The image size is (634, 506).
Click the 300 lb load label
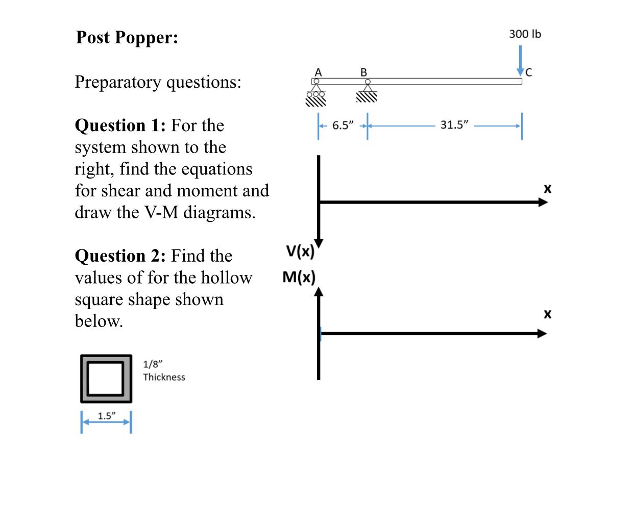click(x=525, y=34)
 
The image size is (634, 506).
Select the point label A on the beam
click(x=318, y=72)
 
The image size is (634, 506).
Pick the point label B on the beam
click(x=364, y=72)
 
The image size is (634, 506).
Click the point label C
click(x=529, y=73)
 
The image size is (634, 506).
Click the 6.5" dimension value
click(x=343, y=125)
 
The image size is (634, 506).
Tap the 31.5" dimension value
click(x=454, y=125)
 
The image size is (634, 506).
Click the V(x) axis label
click(x=300, y=251)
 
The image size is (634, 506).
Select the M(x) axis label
click(x=299, y=277)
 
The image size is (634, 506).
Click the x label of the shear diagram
click(x=548, y=189)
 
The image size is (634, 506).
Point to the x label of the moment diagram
click(x=548, y=314)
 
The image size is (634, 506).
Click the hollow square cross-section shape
click(x=106, y=378)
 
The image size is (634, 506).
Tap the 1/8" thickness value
click(x=153, y=364)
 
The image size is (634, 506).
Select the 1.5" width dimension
click(x=106, y=416)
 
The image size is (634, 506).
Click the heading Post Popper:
click(x=127, y=37)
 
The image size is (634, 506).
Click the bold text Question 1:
click(x=120, y=125)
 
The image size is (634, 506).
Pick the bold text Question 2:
click(x=120, y=256)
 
